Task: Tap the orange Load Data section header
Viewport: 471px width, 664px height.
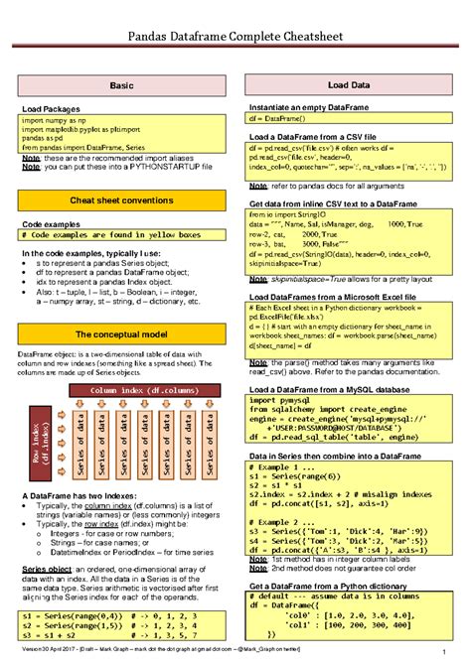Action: [350, 87]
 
